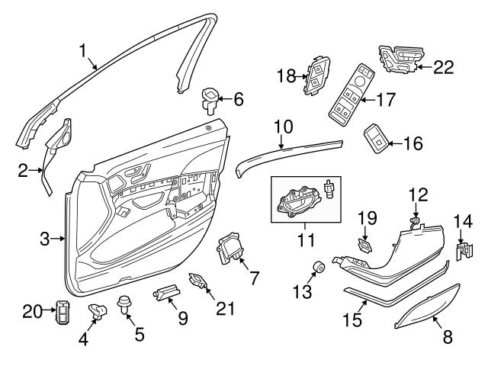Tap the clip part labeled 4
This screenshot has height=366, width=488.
click(98, 310)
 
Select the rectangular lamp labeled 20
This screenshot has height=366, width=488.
click(63, 313)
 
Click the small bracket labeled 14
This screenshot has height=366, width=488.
click(462, 249)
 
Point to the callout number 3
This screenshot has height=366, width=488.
click(46, 239)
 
